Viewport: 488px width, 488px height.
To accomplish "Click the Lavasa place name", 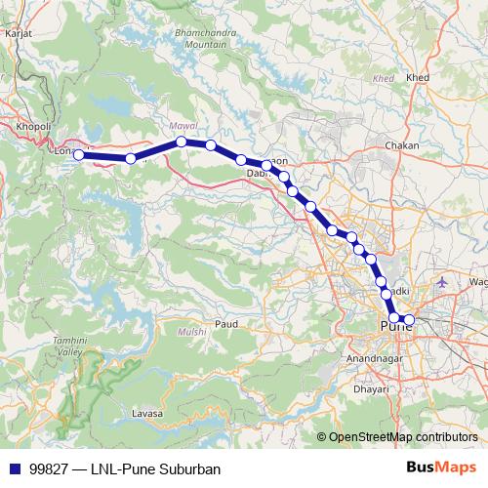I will point(145,414).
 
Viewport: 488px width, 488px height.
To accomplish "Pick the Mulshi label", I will point(191,333).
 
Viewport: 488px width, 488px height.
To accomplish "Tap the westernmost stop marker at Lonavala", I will point(79,154).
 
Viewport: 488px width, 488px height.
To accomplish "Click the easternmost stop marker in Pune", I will point(410,319).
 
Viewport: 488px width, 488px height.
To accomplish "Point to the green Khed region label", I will point(384,78).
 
